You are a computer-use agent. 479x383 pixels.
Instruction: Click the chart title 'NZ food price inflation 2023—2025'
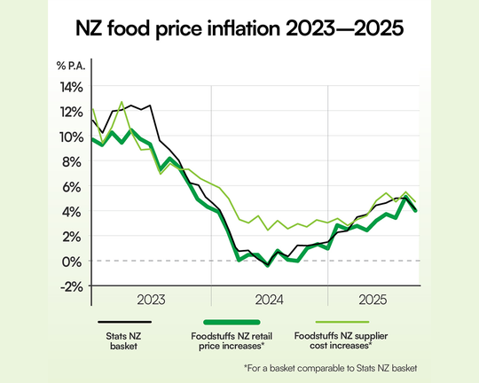(x=239, y=29)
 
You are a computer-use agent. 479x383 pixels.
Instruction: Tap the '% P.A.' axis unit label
(x=73, y=67)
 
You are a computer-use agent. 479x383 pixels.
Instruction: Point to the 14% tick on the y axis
(x=71, y=87)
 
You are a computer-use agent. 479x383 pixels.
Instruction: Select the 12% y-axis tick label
(x=71, y=112)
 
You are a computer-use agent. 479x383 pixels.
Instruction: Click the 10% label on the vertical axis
(x=71, y=137)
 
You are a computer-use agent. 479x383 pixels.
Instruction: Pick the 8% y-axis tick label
(x=74, y=161)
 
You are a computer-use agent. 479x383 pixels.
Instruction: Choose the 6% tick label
(x=74, y=186)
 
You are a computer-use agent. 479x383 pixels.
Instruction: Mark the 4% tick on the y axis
(x=74, y=211)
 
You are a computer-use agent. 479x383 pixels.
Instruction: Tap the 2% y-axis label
(x=74, y=236)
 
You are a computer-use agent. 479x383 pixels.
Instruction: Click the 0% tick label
(x=74, y=261)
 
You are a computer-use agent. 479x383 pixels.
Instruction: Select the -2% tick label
(x=72, y=285)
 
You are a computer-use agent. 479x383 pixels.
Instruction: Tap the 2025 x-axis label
(x=370, y=300)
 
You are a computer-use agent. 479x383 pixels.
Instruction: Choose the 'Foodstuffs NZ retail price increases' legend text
(x=232, y=342)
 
